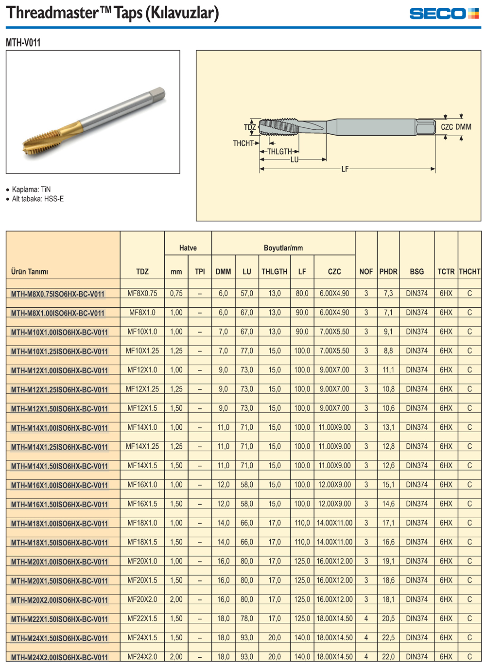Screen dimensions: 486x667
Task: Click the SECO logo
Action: (444, 14)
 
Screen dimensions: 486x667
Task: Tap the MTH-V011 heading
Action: (23, 43)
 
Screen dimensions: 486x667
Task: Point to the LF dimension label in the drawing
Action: (345, 169)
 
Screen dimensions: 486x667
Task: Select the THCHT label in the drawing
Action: (243, 143)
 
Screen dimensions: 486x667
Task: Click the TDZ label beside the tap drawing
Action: (250, 127)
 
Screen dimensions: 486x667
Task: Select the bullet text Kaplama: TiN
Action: (31, 190)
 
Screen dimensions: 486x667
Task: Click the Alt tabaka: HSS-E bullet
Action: (38, 199)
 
